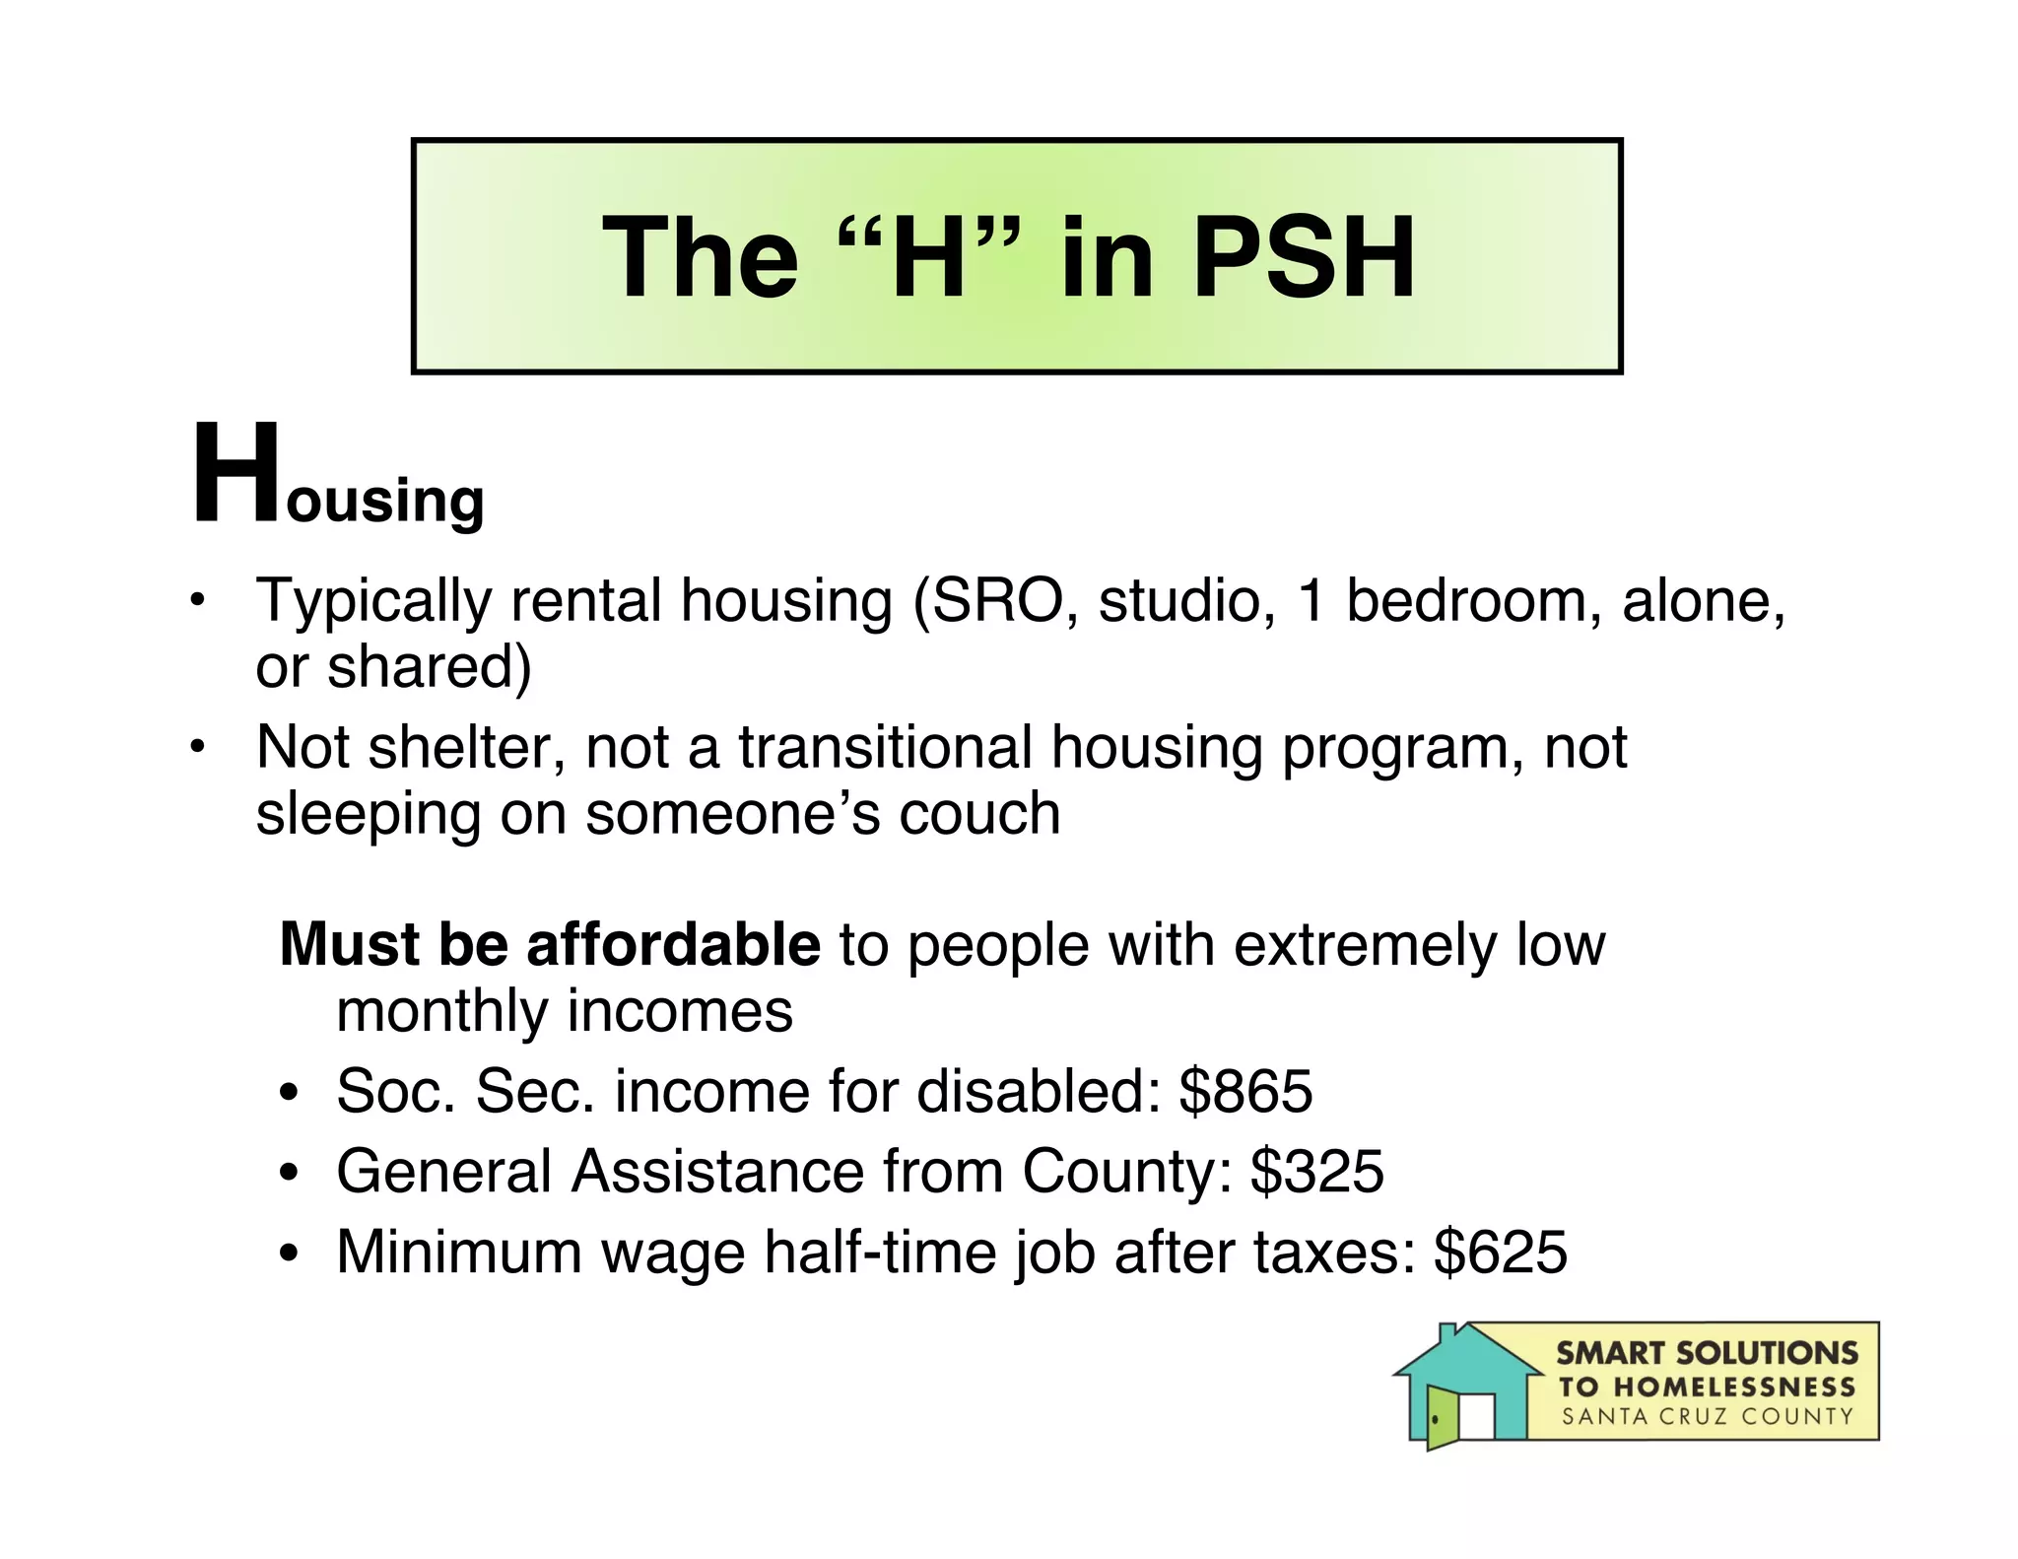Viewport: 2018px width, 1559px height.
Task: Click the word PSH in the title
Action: point(1304,258)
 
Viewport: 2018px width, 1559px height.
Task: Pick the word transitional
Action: point(885,747)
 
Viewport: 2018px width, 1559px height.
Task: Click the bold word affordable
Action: point(673,944)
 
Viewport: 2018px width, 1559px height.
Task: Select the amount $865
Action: point(1245,1091)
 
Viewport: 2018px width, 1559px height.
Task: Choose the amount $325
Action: point(1317,1171)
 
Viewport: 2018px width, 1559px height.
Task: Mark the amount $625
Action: point(1500,1252)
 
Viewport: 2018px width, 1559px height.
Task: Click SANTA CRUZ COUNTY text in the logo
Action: point(1708,1417)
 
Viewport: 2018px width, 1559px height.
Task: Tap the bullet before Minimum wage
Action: point(288,1254)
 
